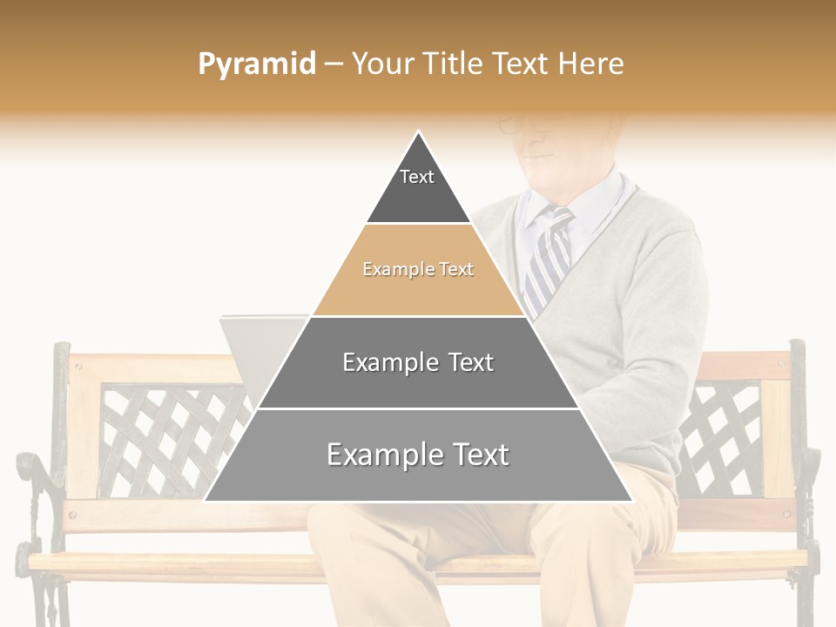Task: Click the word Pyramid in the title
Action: pyautogui.click(x=256, y=64)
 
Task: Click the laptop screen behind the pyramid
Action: pyautogui.click(x=253, y=348)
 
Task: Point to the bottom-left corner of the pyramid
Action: pyautogui.click(x=206, y=500)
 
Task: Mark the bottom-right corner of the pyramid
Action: pyautogui.click(x=631, y=500)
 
